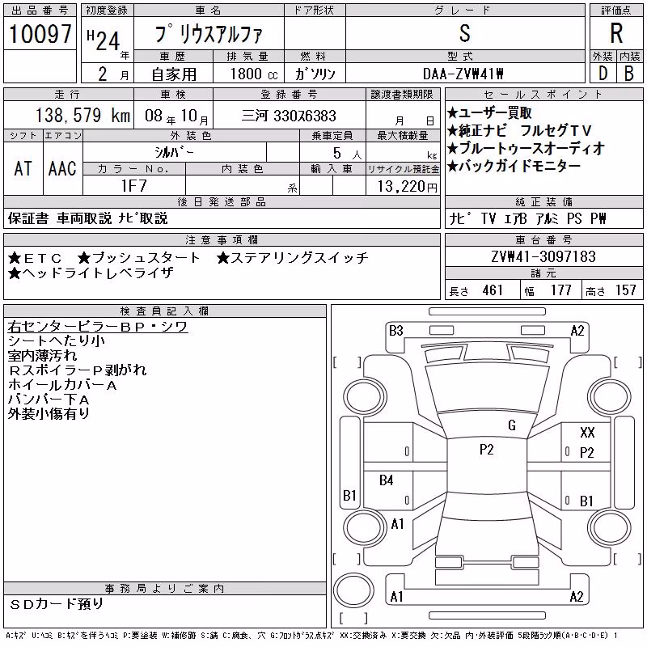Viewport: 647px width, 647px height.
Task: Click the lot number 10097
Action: pos(40,34)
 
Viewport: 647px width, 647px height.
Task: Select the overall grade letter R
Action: pos(616,33)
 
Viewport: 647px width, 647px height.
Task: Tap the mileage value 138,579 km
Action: pos(82,115)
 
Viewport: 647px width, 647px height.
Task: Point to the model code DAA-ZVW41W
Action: pos(463,74)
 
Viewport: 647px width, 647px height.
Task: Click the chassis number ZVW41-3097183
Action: pos(543,256)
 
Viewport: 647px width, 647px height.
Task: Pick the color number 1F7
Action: pos(133,186)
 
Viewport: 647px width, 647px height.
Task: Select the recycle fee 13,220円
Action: pos(407,187)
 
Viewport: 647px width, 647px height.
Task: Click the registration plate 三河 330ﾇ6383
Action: pos(289,116)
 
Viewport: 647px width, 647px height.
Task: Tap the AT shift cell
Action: pos(23,168)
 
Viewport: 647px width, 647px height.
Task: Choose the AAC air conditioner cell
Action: pos(62,168)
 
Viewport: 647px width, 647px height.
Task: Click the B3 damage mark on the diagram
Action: pos(395,331)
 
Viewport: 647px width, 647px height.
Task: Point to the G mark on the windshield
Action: pos(512,425)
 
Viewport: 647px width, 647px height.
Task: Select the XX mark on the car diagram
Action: pos(587,433)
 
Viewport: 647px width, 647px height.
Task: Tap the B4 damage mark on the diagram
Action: pos(387,480)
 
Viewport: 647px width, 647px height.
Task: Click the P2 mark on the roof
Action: pos(487,450)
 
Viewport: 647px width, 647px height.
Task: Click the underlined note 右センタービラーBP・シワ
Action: pos(98,327)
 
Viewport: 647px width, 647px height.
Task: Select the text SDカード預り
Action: pos(56,604)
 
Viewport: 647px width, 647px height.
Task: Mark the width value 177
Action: pos(560,290)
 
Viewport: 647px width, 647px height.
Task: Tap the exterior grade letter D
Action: pos(603,74)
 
